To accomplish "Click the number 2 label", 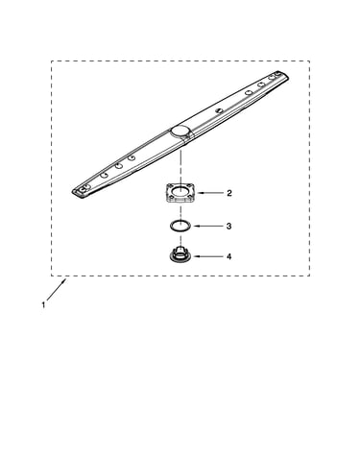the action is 229,193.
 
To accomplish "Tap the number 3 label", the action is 228,226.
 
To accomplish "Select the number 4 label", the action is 228,256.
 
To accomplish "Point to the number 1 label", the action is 43,305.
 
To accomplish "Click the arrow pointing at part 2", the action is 210,193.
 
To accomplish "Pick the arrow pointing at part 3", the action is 208,226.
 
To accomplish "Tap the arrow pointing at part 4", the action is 208,256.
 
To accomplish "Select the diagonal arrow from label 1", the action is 57,289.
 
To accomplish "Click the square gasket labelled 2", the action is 180,193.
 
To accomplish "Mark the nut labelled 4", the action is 180,254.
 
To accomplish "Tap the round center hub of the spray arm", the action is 180,131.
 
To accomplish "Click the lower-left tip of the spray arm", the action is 73,193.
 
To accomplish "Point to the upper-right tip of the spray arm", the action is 287,76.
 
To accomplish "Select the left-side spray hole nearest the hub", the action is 131,157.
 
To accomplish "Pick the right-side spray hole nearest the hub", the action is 220,110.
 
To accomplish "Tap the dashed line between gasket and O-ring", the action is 180,212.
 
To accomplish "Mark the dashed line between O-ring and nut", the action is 180,239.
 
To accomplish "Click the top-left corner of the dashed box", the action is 51,60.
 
